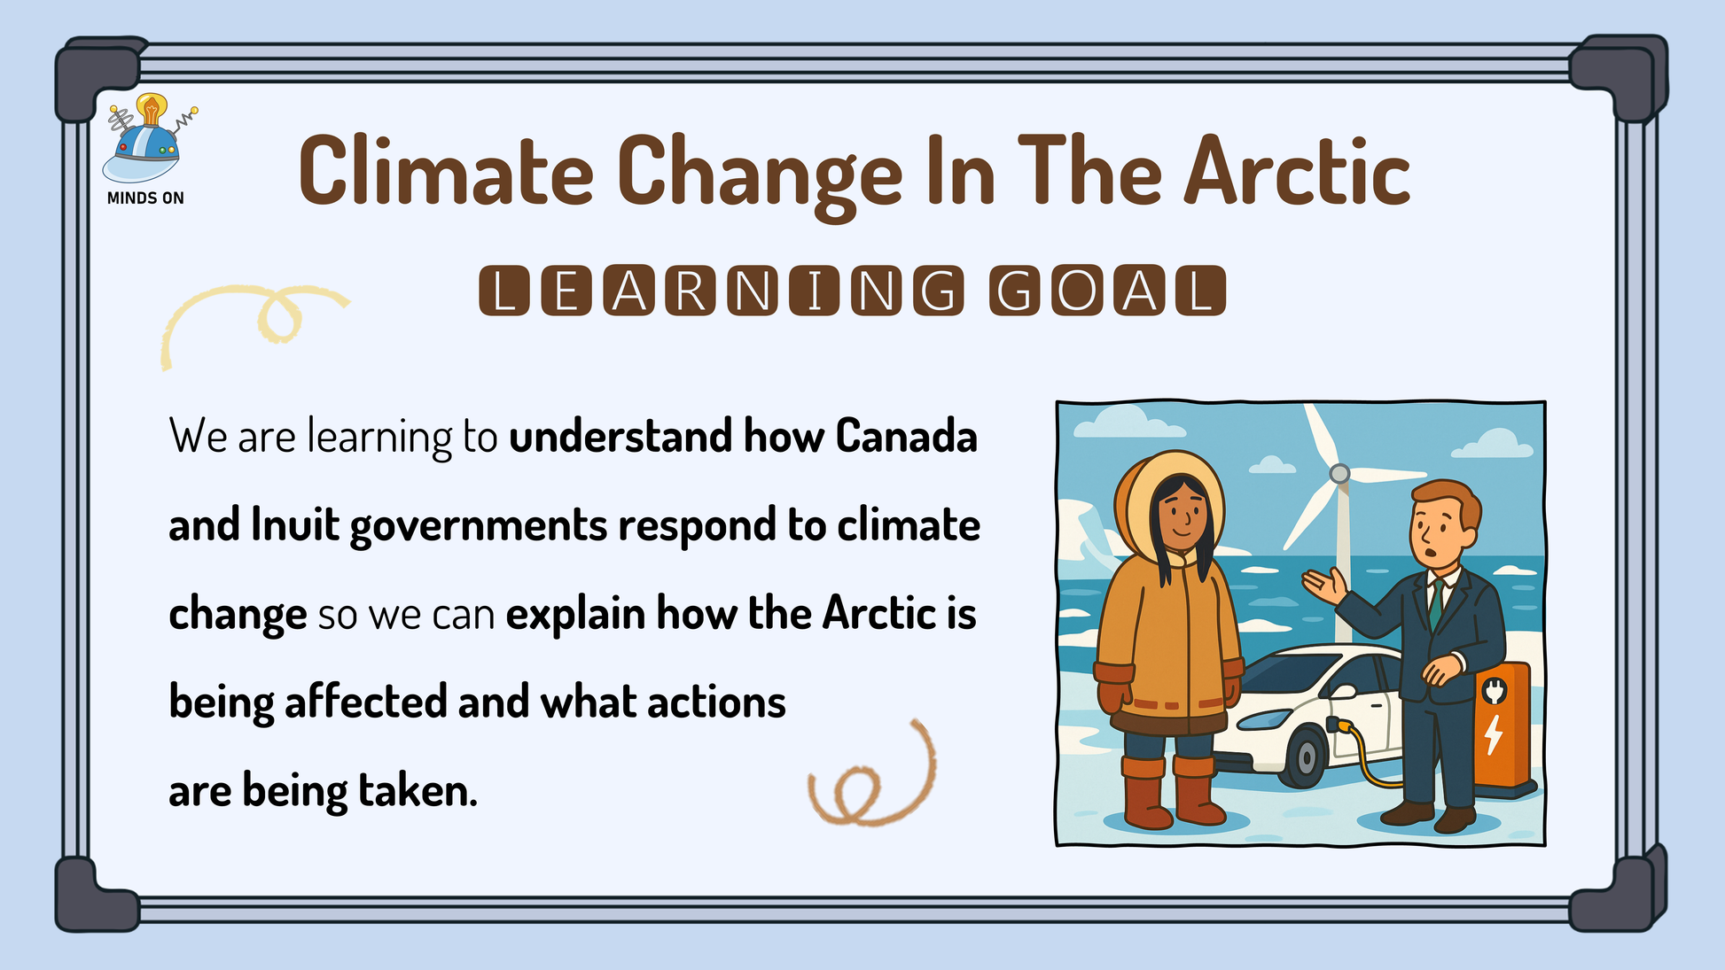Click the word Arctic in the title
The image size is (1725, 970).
[1297, 171]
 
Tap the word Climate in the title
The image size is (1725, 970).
[446, 171]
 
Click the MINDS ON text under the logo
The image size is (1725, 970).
[145, 198]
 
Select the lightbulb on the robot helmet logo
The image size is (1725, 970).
[152, 109]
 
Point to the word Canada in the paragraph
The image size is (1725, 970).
[906, 436]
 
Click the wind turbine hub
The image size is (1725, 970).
[1339, 473]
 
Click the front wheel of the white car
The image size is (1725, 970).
[1305, 757]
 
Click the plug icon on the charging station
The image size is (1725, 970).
[1495, 691]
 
